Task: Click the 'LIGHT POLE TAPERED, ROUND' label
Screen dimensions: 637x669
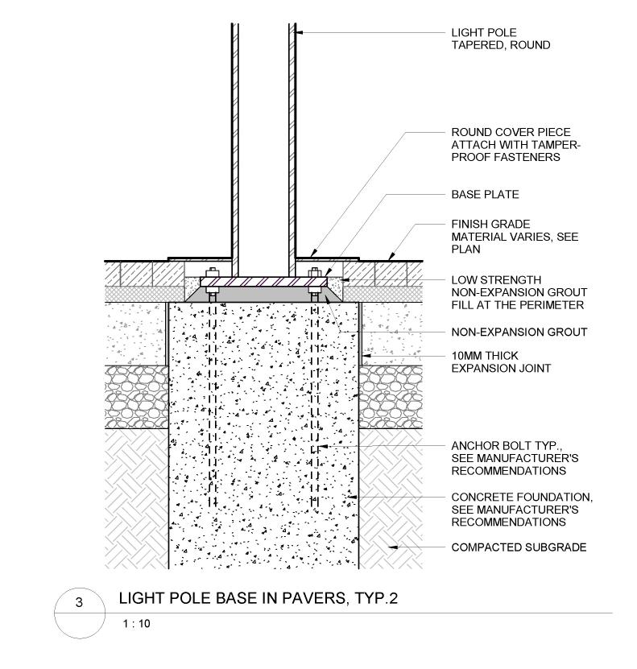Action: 500,39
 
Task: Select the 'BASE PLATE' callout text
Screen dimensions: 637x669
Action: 484,195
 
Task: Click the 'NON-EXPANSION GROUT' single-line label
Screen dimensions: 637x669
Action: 507,332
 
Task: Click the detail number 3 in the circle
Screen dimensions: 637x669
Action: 78,603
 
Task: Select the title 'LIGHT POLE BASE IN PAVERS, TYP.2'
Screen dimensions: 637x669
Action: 259,599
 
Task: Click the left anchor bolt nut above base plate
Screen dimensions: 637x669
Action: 212,272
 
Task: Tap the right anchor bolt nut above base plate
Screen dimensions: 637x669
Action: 314,272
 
